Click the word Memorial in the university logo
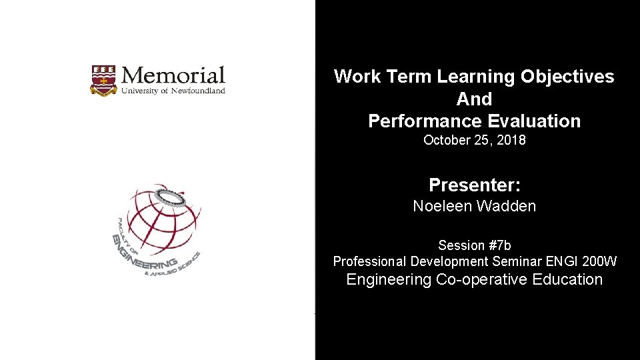coord(173,75)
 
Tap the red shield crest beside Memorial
coord(103,81)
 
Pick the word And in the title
coord(474,99)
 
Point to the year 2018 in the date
coord(510,141)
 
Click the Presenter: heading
coord(474,185)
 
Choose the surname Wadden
coord(506,206)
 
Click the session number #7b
coord(494,245)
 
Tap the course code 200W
coord(599,261)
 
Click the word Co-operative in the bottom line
coord(482,280)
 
